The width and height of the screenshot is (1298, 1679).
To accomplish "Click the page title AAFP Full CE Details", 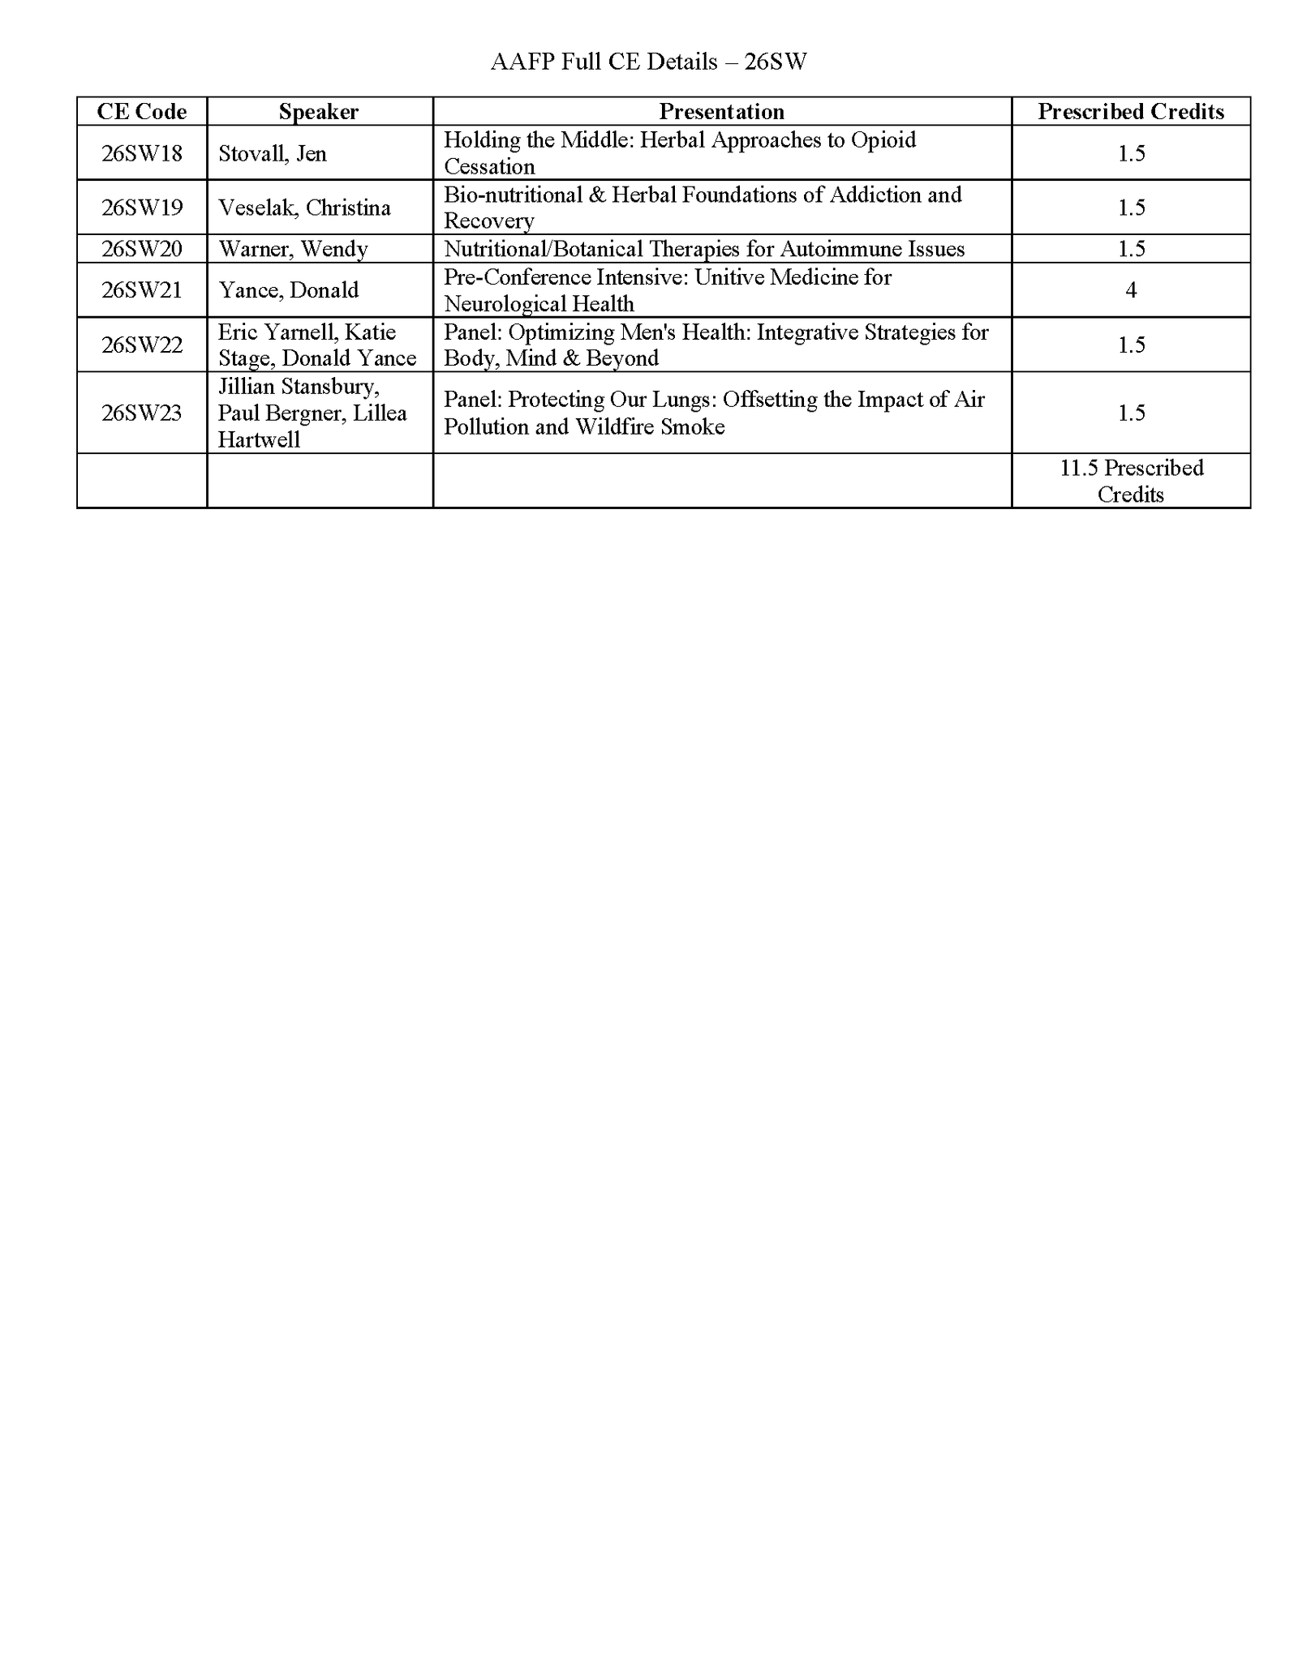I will point(648,62).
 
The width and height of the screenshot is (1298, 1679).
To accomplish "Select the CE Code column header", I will point(142,112).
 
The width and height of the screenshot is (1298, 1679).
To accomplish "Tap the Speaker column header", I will point(319,112).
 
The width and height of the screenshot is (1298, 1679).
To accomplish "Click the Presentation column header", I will point(721,112).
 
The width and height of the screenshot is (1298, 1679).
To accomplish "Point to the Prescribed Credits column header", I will point(1131,112).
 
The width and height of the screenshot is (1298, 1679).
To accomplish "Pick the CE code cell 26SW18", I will point(142,153).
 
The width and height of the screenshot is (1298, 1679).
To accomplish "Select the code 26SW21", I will point(142,290).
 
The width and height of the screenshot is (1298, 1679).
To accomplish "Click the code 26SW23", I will point(142,413).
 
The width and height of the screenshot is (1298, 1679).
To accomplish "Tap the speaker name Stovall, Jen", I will point(273,153).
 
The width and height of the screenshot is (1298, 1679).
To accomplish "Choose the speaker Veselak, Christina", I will point(304,208).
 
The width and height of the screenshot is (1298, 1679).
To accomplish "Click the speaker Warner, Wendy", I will point(293,249).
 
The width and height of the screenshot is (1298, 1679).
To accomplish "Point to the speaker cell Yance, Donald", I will point(288,290).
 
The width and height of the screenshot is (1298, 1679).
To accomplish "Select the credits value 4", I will point(1131,290).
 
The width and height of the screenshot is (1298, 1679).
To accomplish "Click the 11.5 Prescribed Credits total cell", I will point(1131,481).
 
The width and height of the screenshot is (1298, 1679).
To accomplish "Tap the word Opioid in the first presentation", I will point(883,140).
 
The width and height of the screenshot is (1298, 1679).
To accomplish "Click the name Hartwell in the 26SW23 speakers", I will point(259,440).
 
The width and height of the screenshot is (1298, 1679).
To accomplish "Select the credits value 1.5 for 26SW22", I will point(1131,345).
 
